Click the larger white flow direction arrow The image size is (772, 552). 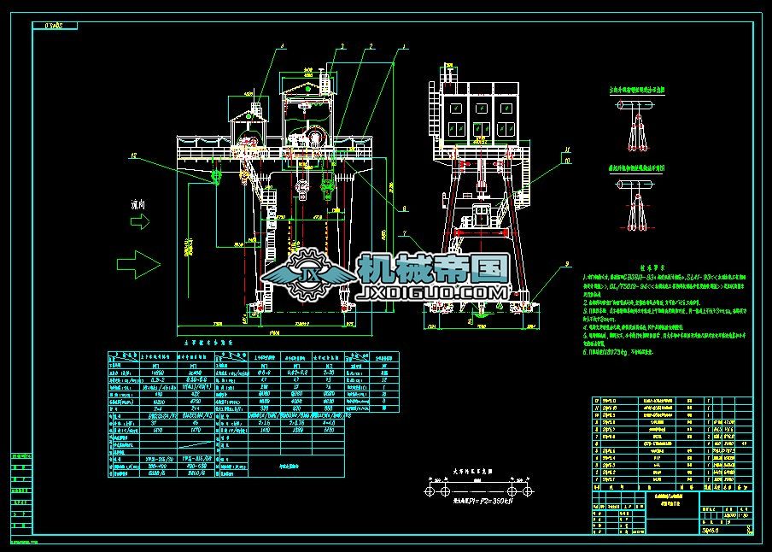(136, 261)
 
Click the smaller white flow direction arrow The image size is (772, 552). (139, 220)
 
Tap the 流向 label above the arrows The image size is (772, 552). (138, 205)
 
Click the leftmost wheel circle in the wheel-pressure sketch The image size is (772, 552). (433, 492)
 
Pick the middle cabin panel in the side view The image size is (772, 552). (482, 109)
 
